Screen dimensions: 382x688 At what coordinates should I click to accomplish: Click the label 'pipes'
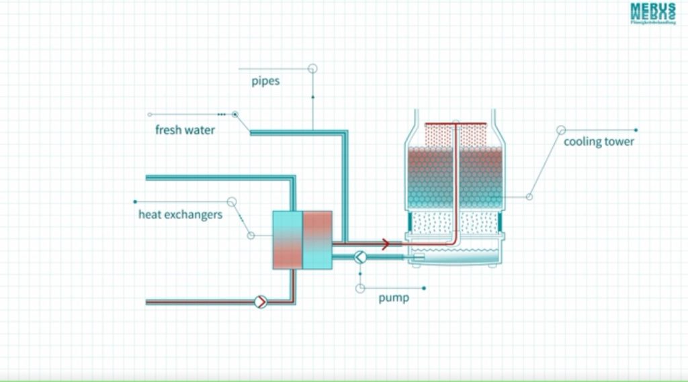(265, 81)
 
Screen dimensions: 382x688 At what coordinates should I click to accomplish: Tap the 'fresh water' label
(185, 130)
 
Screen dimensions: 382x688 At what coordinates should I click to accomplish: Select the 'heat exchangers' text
(180, 215)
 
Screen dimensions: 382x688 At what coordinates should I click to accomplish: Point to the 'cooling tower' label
(599, 142)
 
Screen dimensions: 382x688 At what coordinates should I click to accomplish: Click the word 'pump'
(393, 297)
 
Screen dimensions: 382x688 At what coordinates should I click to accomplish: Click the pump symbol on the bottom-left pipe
(261, 302)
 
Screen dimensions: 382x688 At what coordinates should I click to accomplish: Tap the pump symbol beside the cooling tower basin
(360, 256)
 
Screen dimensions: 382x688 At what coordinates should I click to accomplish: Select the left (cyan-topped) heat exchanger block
(288, 240)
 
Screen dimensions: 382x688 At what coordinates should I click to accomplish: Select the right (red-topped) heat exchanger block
(317, 240)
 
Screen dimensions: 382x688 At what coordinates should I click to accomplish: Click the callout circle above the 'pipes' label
(312, 68)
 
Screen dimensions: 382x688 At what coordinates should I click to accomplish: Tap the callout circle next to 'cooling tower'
(560, 130)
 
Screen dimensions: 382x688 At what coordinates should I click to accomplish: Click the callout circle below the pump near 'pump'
(360, 288)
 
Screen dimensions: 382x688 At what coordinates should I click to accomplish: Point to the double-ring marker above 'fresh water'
(235, 114)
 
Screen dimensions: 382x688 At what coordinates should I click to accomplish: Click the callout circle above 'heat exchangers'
(231, 201)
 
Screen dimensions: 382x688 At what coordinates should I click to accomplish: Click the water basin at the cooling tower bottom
(457, 254)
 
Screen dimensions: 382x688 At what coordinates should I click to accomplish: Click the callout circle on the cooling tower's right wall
(529, 197)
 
